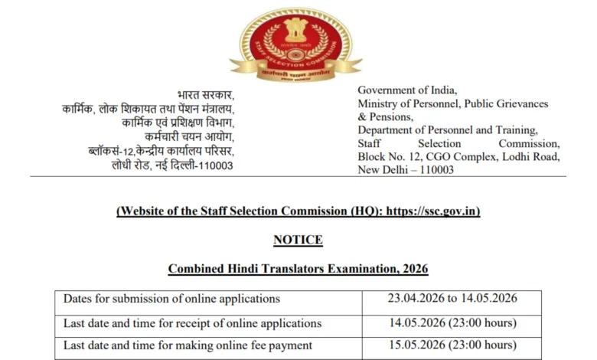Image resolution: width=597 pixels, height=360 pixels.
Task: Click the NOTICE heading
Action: pos(298,240)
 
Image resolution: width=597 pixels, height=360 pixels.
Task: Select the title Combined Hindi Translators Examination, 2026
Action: pos(298,269)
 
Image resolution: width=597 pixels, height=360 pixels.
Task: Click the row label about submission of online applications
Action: pos(171,299)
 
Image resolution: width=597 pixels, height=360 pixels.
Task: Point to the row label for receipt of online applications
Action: pos(192,322)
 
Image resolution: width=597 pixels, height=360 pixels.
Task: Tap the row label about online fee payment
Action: pos(188,345)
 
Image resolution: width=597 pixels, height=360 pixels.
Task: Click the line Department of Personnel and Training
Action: pos(448,130)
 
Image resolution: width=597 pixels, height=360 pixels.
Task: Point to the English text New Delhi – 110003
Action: pos(406,169)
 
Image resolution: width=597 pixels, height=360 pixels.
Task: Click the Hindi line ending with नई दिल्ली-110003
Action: pos(172,165)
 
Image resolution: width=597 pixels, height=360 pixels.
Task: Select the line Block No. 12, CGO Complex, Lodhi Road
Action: pos(458,156)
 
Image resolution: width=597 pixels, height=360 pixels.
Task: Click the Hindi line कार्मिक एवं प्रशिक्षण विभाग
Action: pos(178,123)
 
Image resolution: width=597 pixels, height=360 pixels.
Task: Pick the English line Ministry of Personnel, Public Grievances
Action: pos(452,103)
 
